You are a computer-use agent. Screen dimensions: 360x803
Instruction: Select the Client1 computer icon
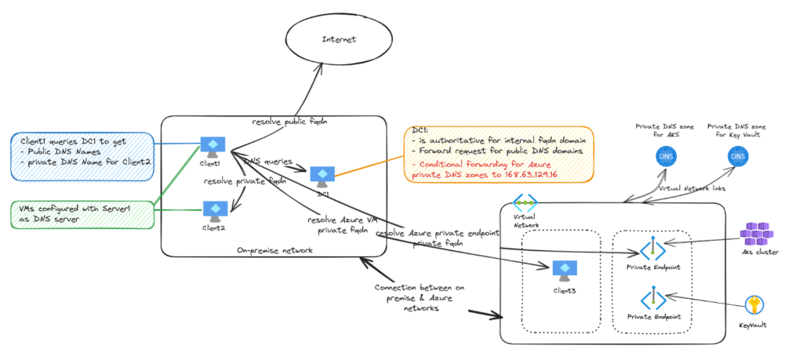click(211, 146)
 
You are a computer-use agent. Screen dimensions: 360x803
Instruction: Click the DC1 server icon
click(322, 175)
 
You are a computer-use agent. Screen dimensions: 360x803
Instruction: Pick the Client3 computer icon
click(563, 270)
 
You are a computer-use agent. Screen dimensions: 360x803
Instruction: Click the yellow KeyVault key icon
click(756, 304)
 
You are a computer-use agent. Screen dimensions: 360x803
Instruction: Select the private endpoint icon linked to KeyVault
click(653, 299)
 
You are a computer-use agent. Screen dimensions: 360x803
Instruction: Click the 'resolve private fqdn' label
click(245, 181)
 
